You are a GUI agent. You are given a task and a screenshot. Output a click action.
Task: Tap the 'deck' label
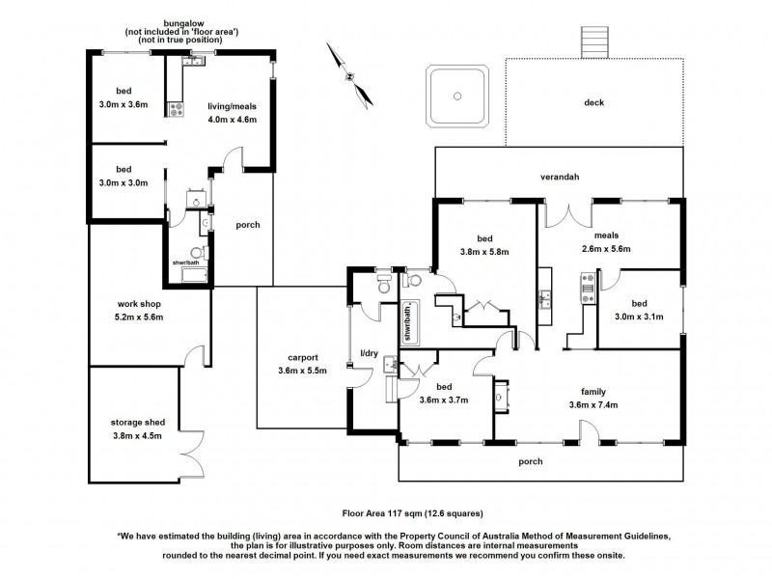pos(594,102)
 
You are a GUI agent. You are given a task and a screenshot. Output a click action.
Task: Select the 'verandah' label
pos(559,177)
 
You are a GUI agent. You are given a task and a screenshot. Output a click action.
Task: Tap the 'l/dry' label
pos(369,354)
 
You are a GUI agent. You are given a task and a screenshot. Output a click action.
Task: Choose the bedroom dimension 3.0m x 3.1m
pos(639,315)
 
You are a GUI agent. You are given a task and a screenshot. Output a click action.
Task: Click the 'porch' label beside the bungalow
pos(248,225)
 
